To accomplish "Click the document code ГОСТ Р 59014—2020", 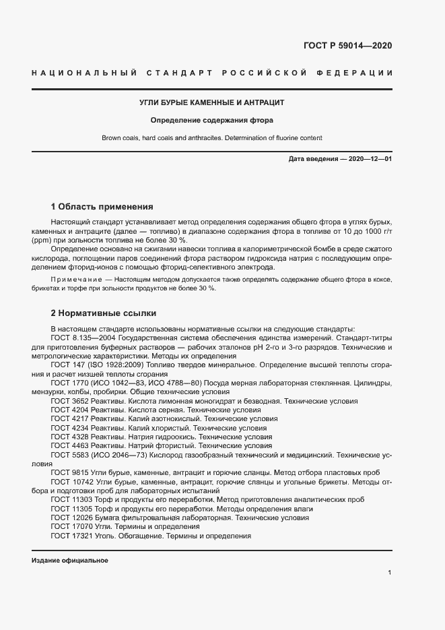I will point(348,46).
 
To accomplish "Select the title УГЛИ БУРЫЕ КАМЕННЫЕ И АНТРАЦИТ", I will point(212,103).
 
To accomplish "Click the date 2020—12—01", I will point(369,159).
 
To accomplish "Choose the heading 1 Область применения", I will point(102,206).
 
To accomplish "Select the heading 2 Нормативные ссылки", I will point(104,313).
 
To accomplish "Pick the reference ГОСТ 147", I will point(65,365).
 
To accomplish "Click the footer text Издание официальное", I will point(70,561).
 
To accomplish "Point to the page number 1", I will point(390,572).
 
